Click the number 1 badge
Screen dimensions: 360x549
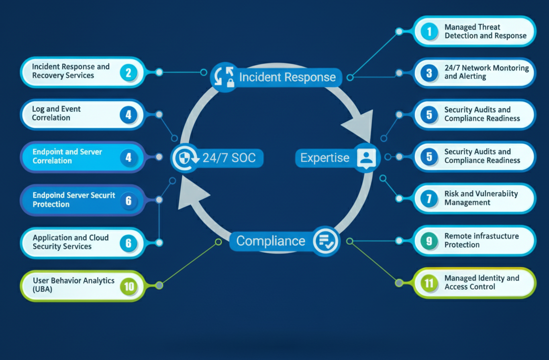click(x=429, y=31)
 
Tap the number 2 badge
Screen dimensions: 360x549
click(x=128, y=73)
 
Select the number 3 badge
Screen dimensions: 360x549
click(x=429, y=73)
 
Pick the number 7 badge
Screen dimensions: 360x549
click(x=429, y=199)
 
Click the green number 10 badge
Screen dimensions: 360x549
click(x=129, y=285)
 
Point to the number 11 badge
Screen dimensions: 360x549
click(x=429, y=283)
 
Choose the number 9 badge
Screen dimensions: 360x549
click(x=429, y=241)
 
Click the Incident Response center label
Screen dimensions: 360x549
click(x=287, y=77)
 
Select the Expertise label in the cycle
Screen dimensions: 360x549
click(x=324, y=158)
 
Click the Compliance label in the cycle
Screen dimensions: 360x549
click(x=271, y=241)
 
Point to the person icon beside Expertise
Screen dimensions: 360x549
click(x=366, y=157)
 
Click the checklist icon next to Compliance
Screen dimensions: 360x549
click(x=325, y=240)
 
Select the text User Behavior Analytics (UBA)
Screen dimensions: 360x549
click(x=74, y=285)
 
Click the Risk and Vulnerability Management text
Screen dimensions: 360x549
click(x=481, y=198)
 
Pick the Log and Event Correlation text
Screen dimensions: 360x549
click(x=56, y=113)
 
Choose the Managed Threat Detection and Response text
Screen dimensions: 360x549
click(x=485, y=31)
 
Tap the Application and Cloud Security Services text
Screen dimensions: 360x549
click(x=71, y=242)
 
